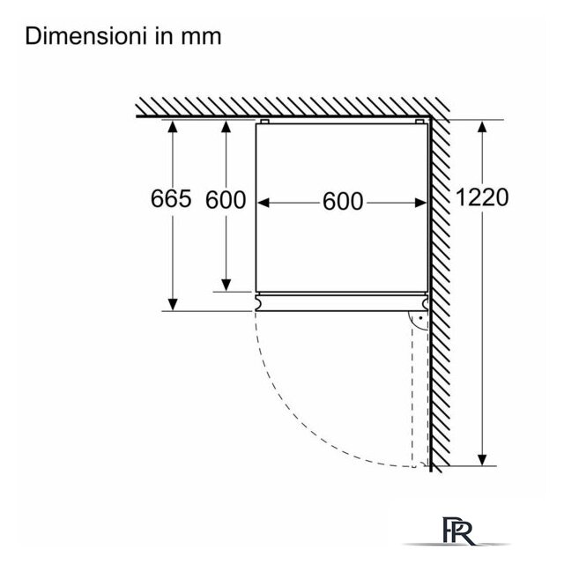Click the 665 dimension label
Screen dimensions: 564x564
click(x=171, y=198)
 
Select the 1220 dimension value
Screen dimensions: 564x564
click(x=482, y=197)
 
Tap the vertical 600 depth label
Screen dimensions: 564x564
click(x=226, y=200)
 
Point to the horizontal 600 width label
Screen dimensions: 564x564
click(x=343, y=202)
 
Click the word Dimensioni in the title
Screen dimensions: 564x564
click(x=85, y=36)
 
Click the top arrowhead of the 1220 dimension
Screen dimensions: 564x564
click(x=482, y=126)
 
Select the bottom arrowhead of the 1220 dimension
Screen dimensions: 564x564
click(x=482, y=460)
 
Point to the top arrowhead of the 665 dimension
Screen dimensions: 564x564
click(x=173, y=127)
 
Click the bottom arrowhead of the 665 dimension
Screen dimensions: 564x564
click(x=173, y=305)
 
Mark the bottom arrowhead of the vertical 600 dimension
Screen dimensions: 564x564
click(x=226, y=286)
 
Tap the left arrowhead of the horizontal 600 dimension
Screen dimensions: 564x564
click(x=263, y=203)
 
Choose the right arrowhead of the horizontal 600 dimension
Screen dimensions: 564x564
click(x=421, y=203)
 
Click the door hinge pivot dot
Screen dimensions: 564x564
click(x=420, y=318)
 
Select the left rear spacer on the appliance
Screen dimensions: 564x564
click(x=264, y=122)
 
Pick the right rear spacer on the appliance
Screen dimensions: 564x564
click(x=419, y=122)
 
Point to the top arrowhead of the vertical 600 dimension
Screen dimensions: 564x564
click(x=226, y=127)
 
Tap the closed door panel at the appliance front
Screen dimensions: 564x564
click(x=342, y=303)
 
